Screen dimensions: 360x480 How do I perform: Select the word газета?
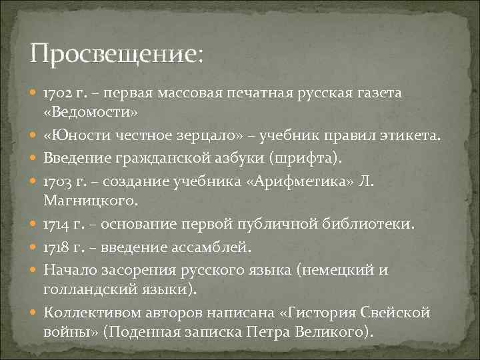coord(379,93)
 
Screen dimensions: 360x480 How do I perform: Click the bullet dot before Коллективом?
coord(35,313)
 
